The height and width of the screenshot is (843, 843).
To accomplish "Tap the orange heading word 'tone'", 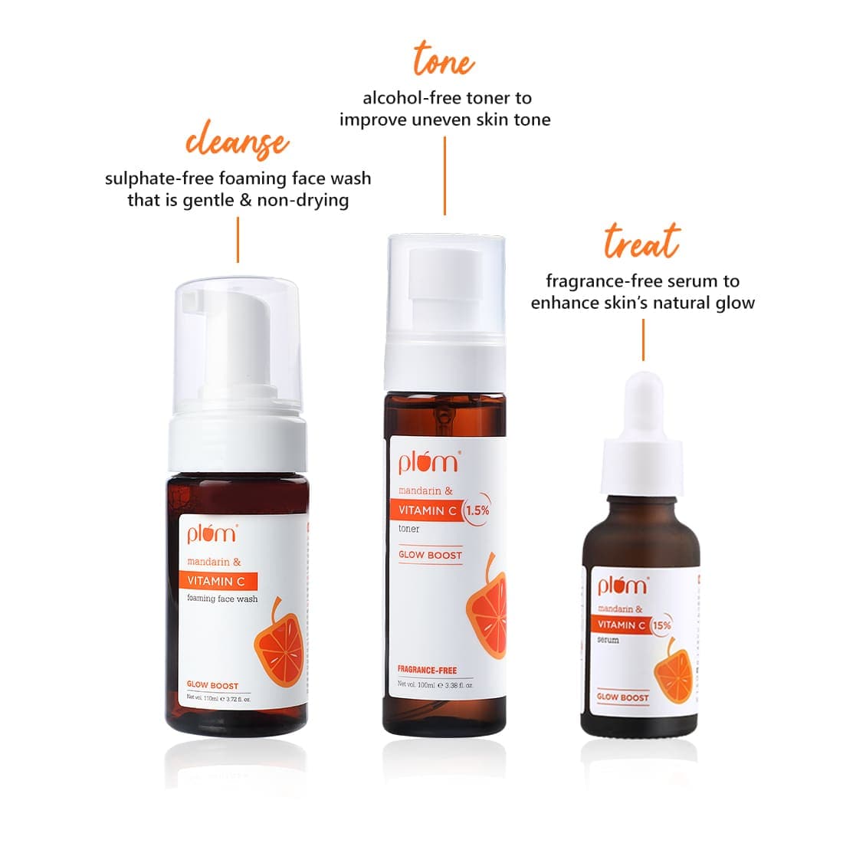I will [444, 60].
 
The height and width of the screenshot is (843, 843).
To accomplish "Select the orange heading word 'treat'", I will [641, 241].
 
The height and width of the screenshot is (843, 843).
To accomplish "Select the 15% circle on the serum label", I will [661, 625].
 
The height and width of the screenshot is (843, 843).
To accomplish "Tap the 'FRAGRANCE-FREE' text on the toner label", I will [427, 671].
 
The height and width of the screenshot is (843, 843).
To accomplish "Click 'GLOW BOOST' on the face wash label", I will [212, 686].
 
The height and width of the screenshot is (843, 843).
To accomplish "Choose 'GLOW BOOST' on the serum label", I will [622, 697].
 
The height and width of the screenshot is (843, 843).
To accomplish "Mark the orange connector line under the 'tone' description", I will [444, 176].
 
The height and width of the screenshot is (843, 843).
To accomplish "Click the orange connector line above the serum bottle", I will [643, 339].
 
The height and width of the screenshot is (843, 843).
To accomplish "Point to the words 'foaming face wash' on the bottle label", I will [222, 599].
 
